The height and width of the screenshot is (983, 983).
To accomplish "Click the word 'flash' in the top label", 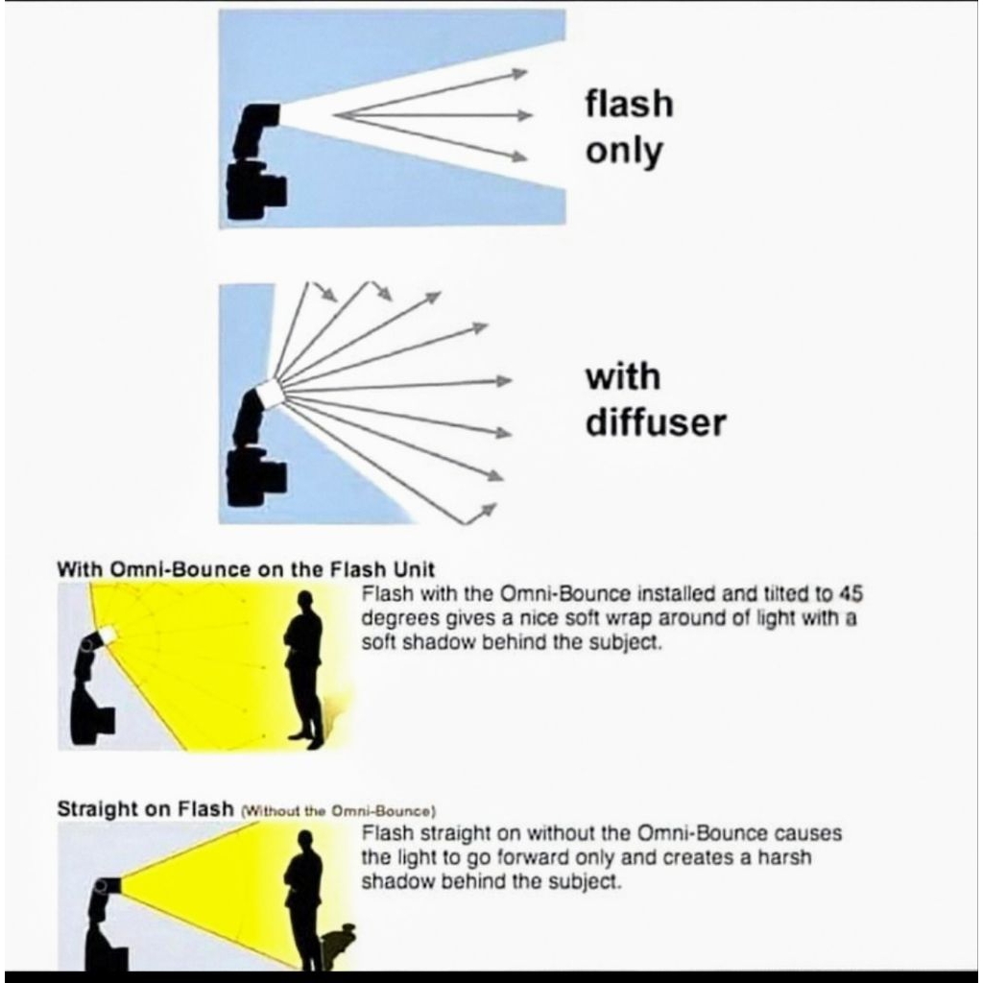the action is tap(630, 104).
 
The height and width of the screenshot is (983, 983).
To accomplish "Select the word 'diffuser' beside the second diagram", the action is tap(656, 422).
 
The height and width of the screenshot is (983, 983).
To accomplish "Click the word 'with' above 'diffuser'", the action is tap(623, 376).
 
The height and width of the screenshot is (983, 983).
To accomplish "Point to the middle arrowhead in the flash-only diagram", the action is tap(524, 115).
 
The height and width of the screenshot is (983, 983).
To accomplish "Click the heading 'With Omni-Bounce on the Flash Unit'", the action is tap(245, 569).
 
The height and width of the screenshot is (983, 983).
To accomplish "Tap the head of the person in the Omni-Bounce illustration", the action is tap(305, 600).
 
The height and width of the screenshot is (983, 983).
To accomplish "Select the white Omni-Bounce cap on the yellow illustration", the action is tap(108, 635).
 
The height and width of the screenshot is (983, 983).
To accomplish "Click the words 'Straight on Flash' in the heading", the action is tap(145, 808).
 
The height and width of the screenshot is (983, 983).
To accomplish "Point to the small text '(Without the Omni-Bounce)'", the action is tap(338, 810).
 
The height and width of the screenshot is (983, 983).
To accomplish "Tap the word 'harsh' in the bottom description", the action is tap(785, 857).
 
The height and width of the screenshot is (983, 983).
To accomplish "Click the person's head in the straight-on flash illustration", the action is tap(305, 839).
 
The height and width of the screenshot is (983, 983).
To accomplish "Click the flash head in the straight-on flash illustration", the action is tap(108, 886).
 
